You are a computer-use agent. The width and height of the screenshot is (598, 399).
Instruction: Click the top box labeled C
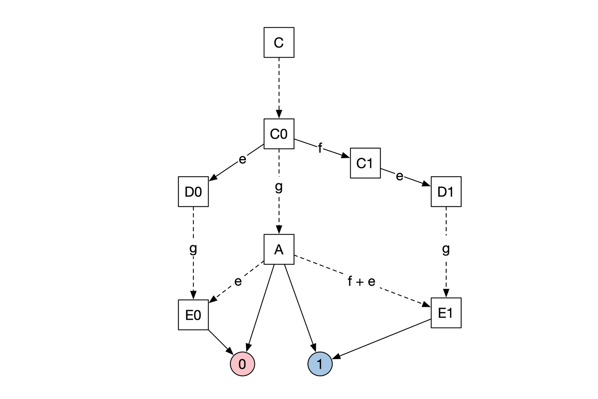click(279, 42)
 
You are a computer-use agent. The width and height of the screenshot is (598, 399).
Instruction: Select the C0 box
click(279, 134)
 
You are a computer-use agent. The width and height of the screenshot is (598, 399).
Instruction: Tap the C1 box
click(365, 163)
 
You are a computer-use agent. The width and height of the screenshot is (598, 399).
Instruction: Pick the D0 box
click(193, 192)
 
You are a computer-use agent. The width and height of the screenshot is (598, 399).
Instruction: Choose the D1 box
click(446, 192)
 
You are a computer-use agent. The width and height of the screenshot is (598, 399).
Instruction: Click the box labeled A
click(279, 249)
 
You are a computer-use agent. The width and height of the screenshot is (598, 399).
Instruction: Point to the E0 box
click(193, 315)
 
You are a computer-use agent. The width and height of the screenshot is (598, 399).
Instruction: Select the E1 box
click(446, 313)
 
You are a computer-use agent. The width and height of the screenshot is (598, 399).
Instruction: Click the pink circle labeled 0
click(242, 364)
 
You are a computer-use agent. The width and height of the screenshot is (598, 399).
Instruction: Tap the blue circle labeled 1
click(320, 364)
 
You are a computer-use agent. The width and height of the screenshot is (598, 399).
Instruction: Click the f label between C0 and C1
click(320, 148)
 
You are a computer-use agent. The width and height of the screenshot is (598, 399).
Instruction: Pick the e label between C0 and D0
click(242, 159)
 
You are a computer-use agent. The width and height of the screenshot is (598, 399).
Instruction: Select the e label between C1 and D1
click(400, 176)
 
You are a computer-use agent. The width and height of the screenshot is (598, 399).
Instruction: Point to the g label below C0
click(279, 187)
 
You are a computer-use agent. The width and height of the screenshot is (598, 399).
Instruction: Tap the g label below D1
click(446, 249)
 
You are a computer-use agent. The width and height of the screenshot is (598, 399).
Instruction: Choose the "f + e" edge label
click(361, 282)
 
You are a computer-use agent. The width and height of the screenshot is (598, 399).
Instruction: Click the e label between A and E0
click(238, 281)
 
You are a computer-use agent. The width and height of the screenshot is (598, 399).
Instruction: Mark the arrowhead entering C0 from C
click(279, 114)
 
